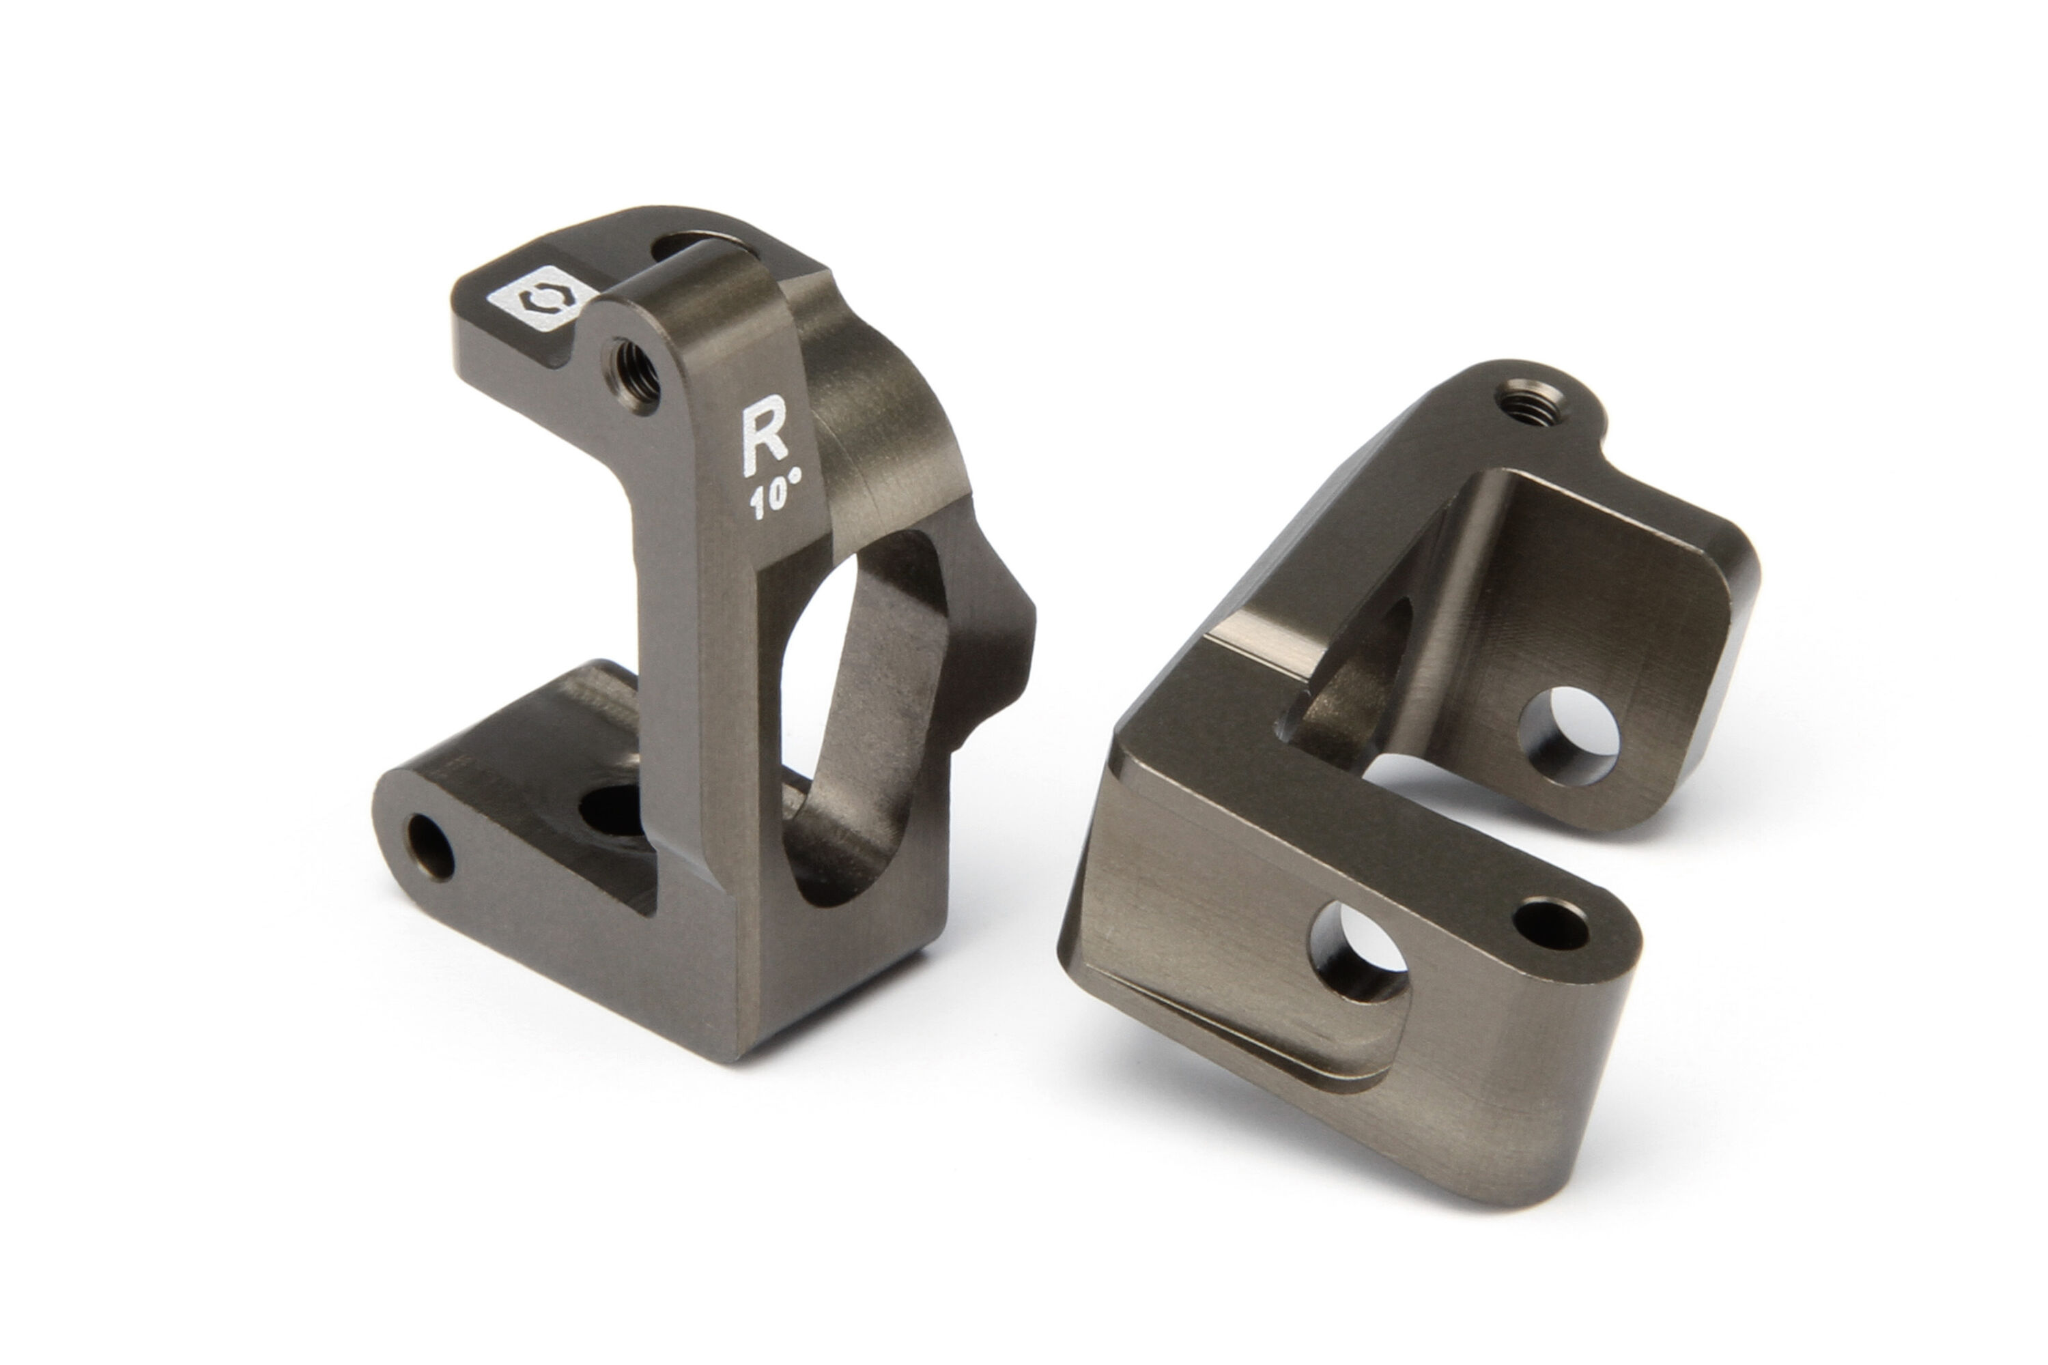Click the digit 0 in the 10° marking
coord(778,500)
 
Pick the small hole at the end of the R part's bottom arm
coord(431,847)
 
